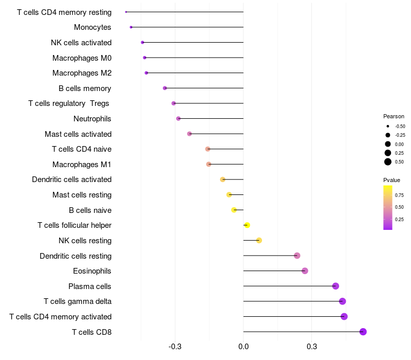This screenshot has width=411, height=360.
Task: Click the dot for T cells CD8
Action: coord(363,332)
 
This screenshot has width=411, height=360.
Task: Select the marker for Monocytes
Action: coord(131,27)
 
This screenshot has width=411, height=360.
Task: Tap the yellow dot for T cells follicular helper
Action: coord(247,225)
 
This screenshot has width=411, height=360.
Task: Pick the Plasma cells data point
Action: coord(335,286)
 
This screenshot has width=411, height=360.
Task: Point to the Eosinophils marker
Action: coord(305,271)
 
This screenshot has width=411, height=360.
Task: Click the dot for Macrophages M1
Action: coord(209,164)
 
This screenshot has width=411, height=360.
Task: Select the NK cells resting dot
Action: coord(259,241)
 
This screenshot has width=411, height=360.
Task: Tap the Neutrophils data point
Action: coord(178,119)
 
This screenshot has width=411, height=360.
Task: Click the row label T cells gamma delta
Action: coord(78,301)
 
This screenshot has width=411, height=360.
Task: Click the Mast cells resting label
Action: coord(82,195)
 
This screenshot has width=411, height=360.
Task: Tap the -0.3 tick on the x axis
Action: coord(175,347)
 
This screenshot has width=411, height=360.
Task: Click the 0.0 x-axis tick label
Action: coord(244,347)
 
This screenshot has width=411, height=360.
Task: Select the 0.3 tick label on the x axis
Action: coord(312,347)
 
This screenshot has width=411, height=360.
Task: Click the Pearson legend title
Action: coord(394,116)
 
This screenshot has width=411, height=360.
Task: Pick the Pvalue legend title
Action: coord(391,180)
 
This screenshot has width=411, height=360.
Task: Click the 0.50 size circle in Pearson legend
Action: coord(388,162)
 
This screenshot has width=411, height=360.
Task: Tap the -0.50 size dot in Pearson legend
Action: coord(388,126)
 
